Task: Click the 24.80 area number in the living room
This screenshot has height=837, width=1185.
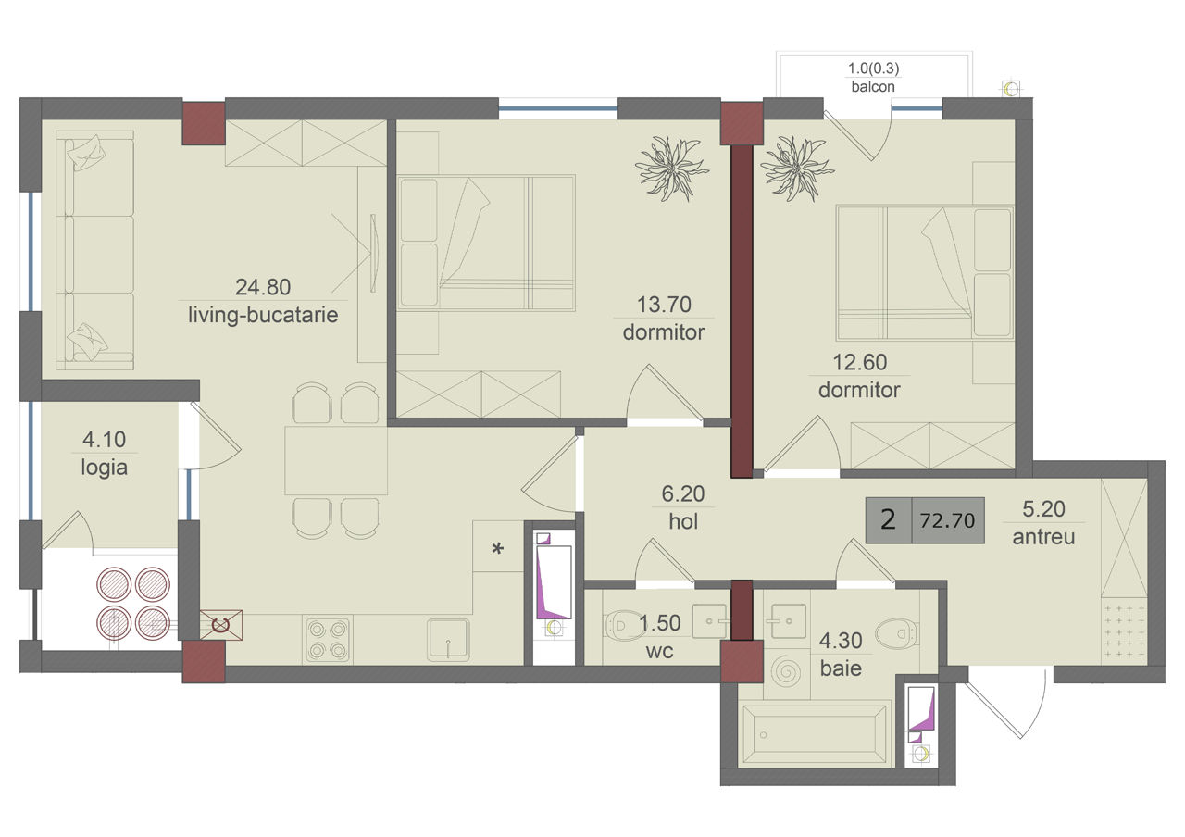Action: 263,287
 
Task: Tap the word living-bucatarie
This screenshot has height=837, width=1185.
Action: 263,316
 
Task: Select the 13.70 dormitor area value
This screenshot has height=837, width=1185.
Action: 664,305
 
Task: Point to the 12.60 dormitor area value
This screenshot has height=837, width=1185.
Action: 860,362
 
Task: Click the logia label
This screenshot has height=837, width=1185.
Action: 105,468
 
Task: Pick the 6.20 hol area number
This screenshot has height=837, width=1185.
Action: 683,494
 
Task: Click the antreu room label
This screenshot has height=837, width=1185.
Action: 1043,537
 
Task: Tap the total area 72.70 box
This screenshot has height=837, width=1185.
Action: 948,520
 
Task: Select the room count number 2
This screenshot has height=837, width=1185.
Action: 888,520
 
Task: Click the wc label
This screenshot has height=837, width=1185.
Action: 660,651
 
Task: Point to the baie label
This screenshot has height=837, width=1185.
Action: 841,668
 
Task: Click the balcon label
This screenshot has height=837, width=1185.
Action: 873,87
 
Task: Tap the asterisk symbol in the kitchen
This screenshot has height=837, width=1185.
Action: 498,549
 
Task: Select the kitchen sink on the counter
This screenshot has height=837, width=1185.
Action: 449,640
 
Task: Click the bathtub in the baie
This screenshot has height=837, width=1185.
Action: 815,734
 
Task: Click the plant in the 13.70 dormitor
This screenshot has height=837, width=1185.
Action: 672,169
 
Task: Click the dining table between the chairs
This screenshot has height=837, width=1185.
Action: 336,460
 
